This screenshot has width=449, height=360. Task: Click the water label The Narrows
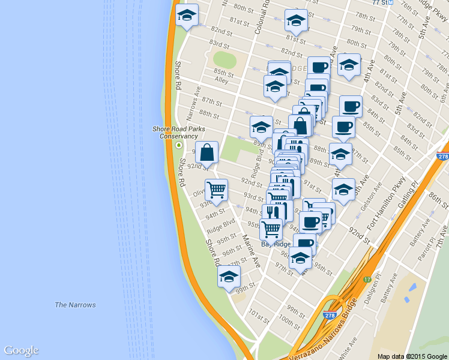(x=75, y=305)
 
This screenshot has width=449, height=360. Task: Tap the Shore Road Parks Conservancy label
(x=178, y=133)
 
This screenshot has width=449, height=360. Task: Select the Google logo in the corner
(x=21, y=351)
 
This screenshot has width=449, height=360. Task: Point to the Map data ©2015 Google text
(x=412, y=356)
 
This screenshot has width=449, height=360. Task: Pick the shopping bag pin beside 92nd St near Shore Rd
(x=206, y=153)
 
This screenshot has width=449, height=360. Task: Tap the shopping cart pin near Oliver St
(x=216, y=190)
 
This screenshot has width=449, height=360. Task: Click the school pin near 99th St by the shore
(x=229, y=277)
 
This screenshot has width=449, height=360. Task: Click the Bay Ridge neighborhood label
(x=276, y=244)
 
